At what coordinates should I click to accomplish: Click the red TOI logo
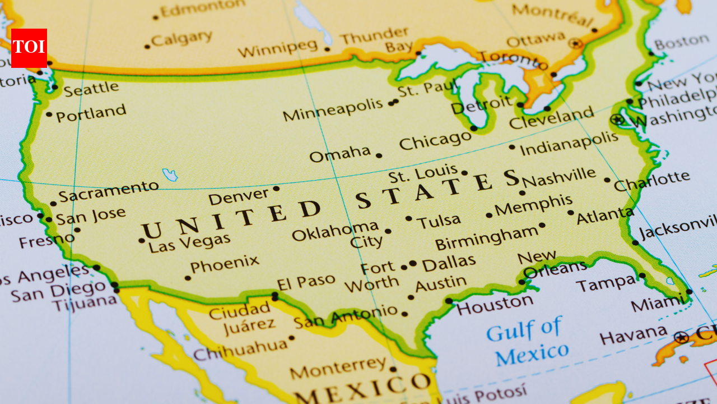[x=29, y=48]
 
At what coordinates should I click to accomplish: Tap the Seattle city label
[x=91, y=88]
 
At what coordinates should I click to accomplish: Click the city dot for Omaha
[x=379, y=155]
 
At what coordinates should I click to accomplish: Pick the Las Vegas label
[x=189, y=242]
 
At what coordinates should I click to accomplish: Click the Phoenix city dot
[x=188, y=278]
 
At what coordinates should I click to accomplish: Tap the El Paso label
[x=306, y=281]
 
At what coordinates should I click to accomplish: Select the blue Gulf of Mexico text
[x=527, y=341]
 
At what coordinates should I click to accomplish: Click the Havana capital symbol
[x=681, y=337]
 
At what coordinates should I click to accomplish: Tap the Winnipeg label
[x=277, y=48]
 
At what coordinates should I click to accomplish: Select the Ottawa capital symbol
[x=575, y=43]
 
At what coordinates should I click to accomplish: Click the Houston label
[x=494, y=305]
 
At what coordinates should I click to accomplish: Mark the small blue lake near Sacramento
[x=170, y=175]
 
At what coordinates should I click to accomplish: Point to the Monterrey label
[x=338, y=368]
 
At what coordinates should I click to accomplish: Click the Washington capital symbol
[x=617, y=120]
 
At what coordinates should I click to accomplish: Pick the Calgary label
[x=182, y=39]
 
